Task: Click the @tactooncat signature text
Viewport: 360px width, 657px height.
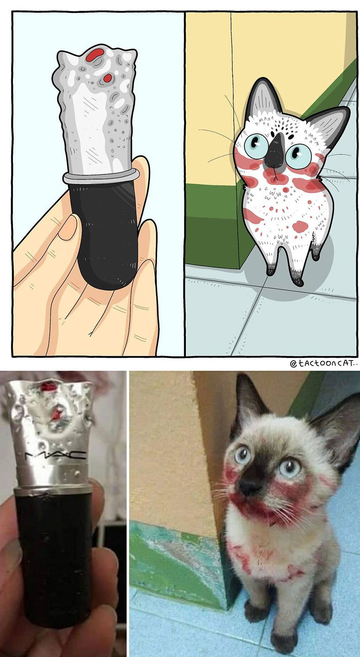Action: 324,364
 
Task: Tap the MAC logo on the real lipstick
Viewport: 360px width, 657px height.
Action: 55,455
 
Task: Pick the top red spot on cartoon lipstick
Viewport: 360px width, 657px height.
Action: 95,54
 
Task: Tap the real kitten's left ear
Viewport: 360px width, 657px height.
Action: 251,396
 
